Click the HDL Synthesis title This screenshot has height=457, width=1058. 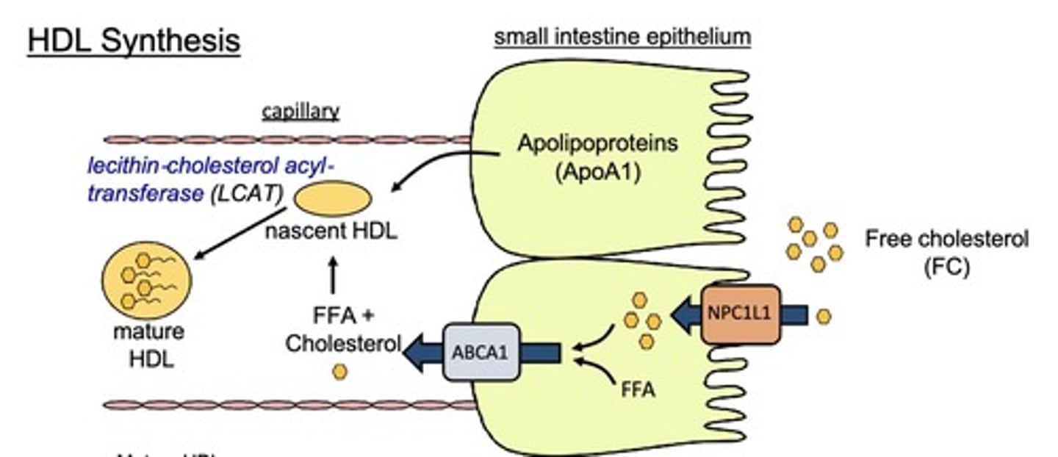click(x=134, y=41)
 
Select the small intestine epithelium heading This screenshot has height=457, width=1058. click(x=622, y=37)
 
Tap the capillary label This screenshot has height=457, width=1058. click(x=301, y=112)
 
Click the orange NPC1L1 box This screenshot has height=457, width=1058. click(x=740, y=314)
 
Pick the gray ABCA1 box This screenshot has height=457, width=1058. click(x=480, y=352)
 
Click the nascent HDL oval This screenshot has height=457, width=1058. click(x=333, y=199)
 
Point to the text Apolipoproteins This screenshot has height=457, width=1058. click(x=597, y=144)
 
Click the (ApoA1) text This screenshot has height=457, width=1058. click(x=597, y=176)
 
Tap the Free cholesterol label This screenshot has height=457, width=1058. click(x=946, y=239)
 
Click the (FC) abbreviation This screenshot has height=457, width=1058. click(x=946, y=267)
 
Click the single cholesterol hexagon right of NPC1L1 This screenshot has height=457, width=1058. click(x=824, y=316)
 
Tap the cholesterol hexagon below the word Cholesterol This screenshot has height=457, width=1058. click(x=339, y=372)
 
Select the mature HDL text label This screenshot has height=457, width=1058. click(x=148, y=345)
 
